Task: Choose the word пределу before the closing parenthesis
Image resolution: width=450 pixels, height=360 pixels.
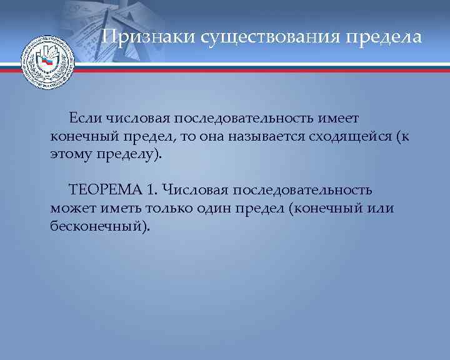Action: pos(127,154)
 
